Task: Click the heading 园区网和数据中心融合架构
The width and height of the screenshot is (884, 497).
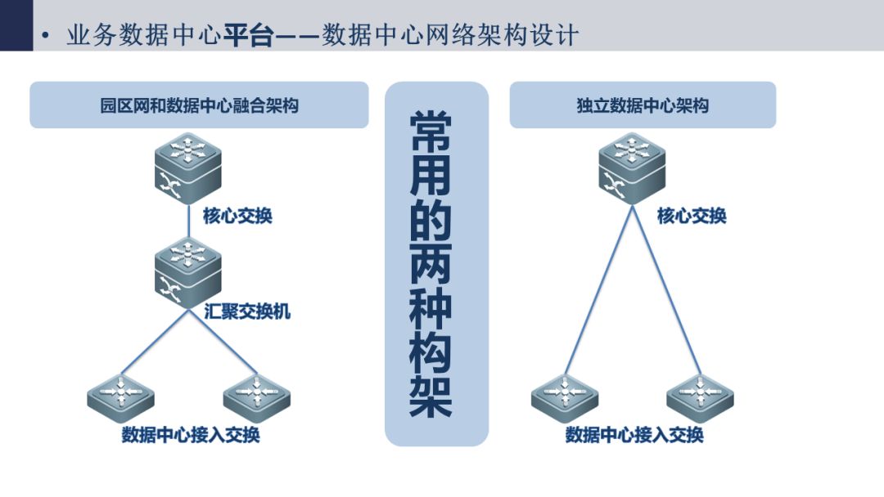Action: pyautogui.click(x=199, y=105)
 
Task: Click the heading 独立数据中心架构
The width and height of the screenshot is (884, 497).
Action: pyautogui.click(x=643, y=105)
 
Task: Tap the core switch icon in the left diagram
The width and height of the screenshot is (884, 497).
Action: pyautogui.click(x=187, y=168)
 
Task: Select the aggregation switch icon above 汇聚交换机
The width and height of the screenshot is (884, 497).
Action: pyautogui.click(x=187, y=273)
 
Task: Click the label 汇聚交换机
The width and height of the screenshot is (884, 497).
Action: pyautogui.click(x=247, y=311)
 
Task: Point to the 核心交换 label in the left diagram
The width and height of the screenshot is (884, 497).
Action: pyautogui.click(x=237, y=216)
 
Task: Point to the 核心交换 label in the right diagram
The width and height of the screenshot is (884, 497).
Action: pyautogui.click(x=692, y=216)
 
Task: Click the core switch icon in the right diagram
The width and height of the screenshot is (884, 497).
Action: pyautogui.click(x=632, y=168)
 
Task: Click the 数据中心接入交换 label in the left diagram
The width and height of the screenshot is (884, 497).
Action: pyautogui.click(x=191, y=435)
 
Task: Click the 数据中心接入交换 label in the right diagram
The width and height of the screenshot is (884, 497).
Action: pyautogui.click(x=634, y=435)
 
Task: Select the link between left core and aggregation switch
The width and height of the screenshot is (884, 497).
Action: pyautogui.click(x=188, y=222)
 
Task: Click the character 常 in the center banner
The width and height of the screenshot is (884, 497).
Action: pyautogui.click(x=431, y=131)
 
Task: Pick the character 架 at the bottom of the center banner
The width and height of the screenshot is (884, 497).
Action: pyautogui.click(x=431, y=396)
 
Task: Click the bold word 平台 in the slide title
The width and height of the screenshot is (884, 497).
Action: pyautogui.click(x=249, y=35)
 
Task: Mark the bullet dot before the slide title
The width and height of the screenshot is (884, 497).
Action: pyautogui.click(x=46, y=36)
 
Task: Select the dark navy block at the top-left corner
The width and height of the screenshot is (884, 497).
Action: pyautogui.click(x=16, y=25)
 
